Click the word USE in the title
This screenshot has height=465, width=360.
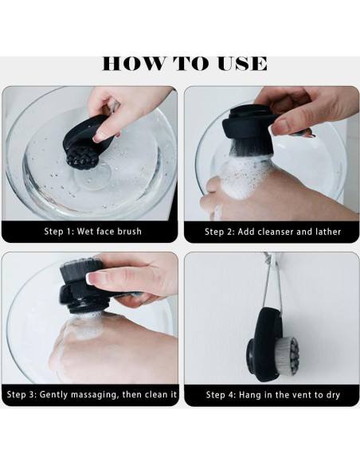243,64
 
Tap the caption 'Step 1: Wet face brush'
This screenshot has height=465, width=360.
93,232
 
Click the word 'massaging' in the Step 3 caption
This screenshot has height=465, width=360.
94,395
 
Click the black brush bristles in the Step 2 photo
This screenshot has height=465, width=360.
252,147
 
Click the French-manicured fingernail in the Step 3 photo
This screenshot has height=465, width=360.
94,279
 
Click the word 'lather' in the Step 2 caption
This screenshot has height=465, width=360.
328,232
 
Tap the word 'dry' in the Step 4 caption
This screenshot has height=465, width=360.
333,395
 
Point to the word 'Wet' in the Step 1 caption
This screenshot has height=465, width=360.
84,232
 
